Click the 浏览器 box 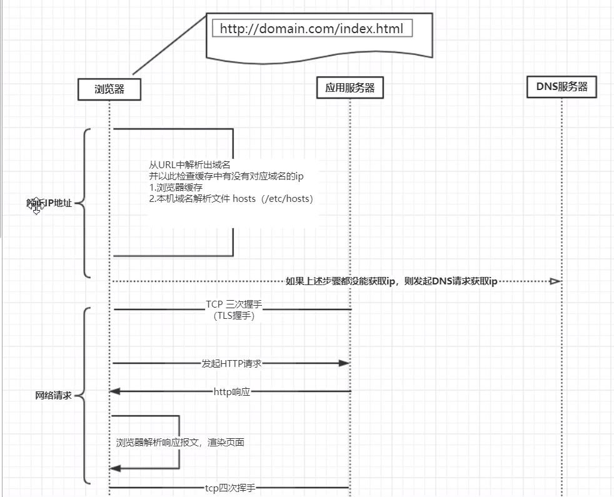coord(109,89)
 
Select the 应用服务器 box coord(350,88)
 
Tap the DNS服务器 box coord(561,86)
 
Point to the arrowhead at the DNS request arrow coord(554,281)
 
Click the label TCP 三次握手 coord(234,304)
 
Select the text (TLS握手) coord(234,316)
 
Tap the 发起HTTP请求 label coord(231,363)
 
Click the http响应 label coord(232,392)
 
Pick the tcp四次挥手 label coord(230,488)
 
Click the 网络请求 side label coord(53,396)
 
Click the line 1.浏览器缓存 coord(176,188)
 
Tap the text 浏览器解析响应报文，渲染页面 coord(180,443)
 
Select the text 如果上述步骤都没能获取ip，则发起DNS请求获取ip coord(391,281)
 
